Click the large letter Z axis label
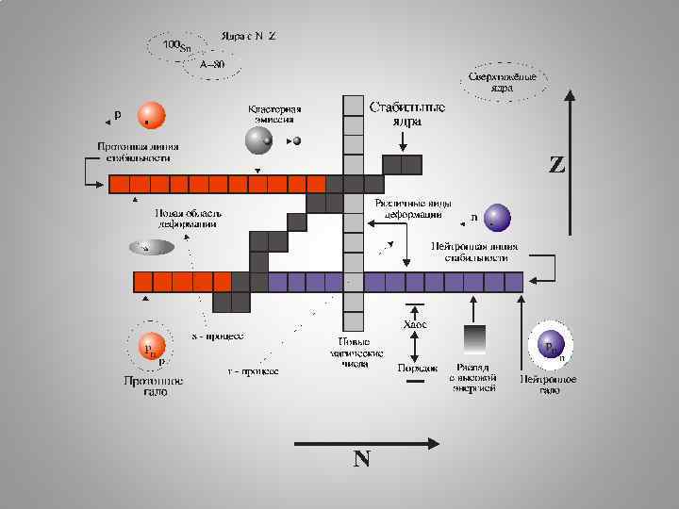point(557,166)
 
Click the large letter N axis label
point(361,459)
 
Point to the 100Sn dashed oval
point(174,45)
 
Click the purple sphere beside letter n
point(498,219)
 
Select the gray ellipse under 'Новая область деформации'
point(151,247)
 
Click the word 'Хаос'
point(415,324)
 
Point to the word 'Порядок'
point(415,368)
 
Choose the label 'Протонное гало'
point(151,385)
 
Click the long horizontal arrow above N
point(366,442)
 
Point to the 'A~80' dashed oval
point(211,64)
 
